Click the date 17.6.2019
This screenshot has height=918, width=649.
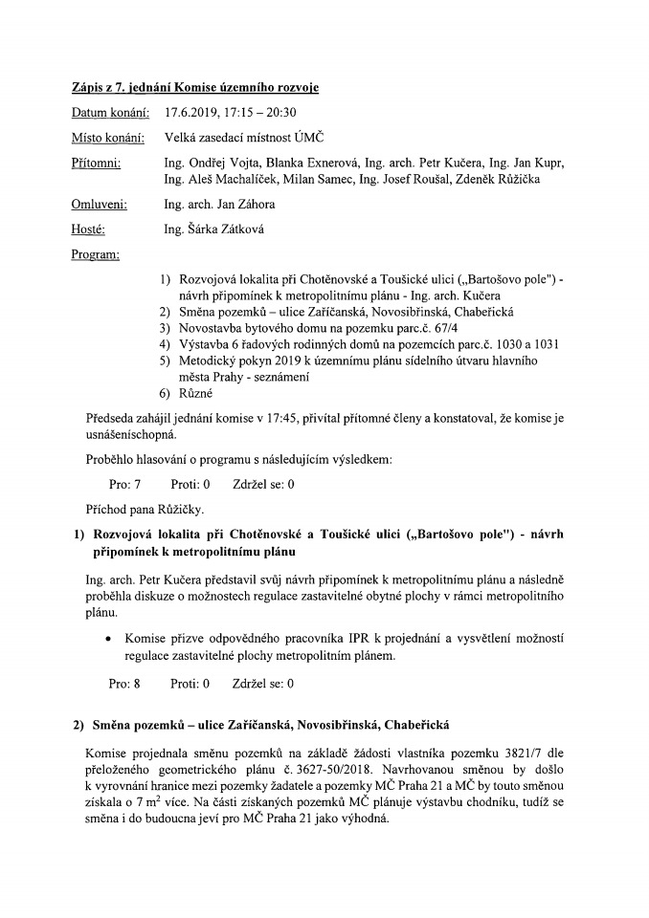click(x=191, y=113)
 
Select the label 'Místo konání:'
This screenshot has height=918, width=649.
click(x=108, y=139)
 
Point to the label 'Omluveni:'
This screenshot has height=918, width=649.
click(x=100, y=204)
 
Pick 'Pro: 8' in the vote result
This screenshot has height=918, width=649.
click(x=125, y=684)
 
